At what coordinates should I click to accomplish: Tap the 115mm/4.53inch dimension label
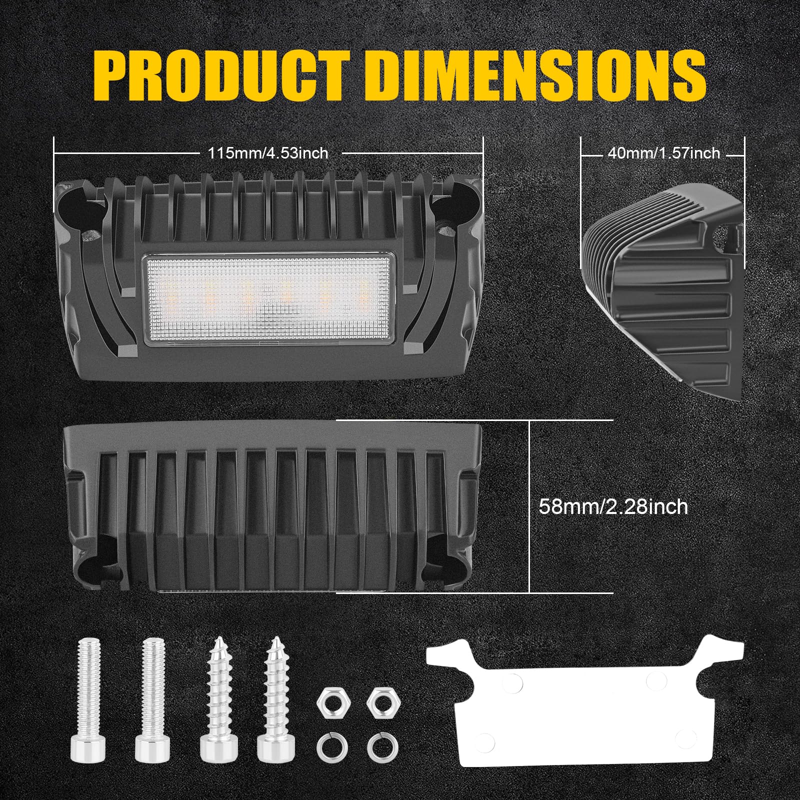[x=268, y=152]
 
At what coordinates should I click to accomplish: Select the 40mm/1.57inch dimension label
[x=663, y=152]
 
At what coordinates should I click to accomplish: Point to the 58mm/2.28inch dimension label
[x=613, y=507]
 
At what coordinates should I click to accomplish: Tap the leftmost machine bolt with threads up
[x=91, y=695]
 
